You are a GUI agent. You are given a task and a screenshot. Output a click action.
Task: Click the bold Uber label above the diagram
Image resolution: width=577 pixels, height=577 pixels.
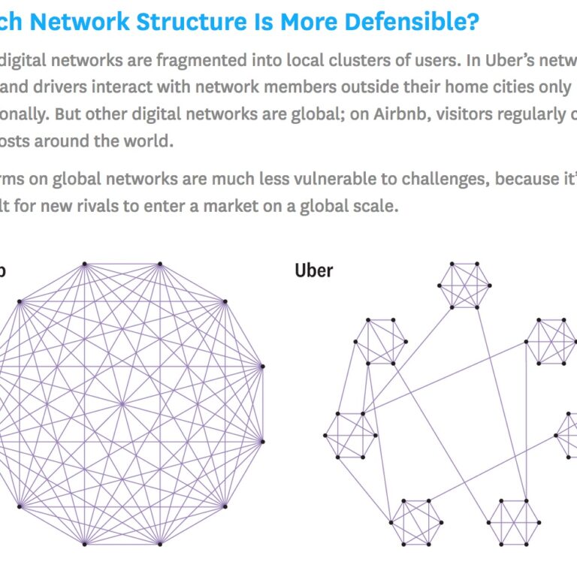[314, 270]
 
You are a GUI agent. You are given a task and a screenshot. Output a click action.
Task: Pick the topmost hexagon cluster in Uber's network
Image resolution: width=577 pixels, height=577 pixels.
[464, 285]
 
